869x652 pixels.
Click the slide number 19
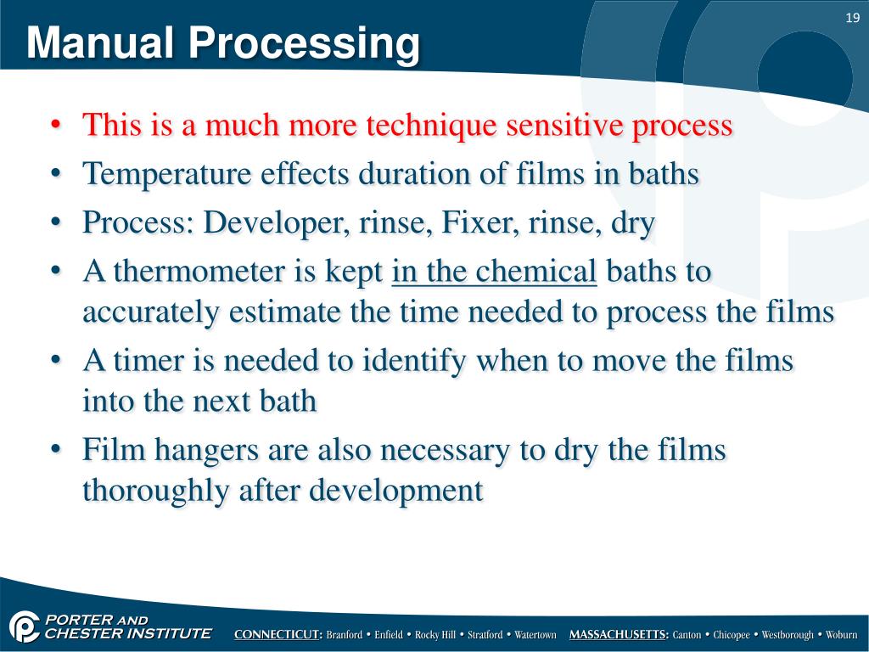click(853, 18)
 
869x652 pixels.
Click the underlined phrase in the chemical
click(495, 273)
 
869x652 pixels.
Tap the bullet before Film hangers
click(55, 451)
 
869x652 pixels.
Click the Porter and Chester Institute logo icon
click(26, 627)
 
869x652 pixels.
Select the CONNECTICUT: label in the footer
click(278, 635)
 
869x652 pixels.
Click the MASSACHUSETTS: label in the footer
click(619, 635)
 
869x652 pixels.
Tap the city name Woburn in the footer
click(843, 635)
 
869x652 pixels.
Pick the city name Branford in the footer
click(345, 635)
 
